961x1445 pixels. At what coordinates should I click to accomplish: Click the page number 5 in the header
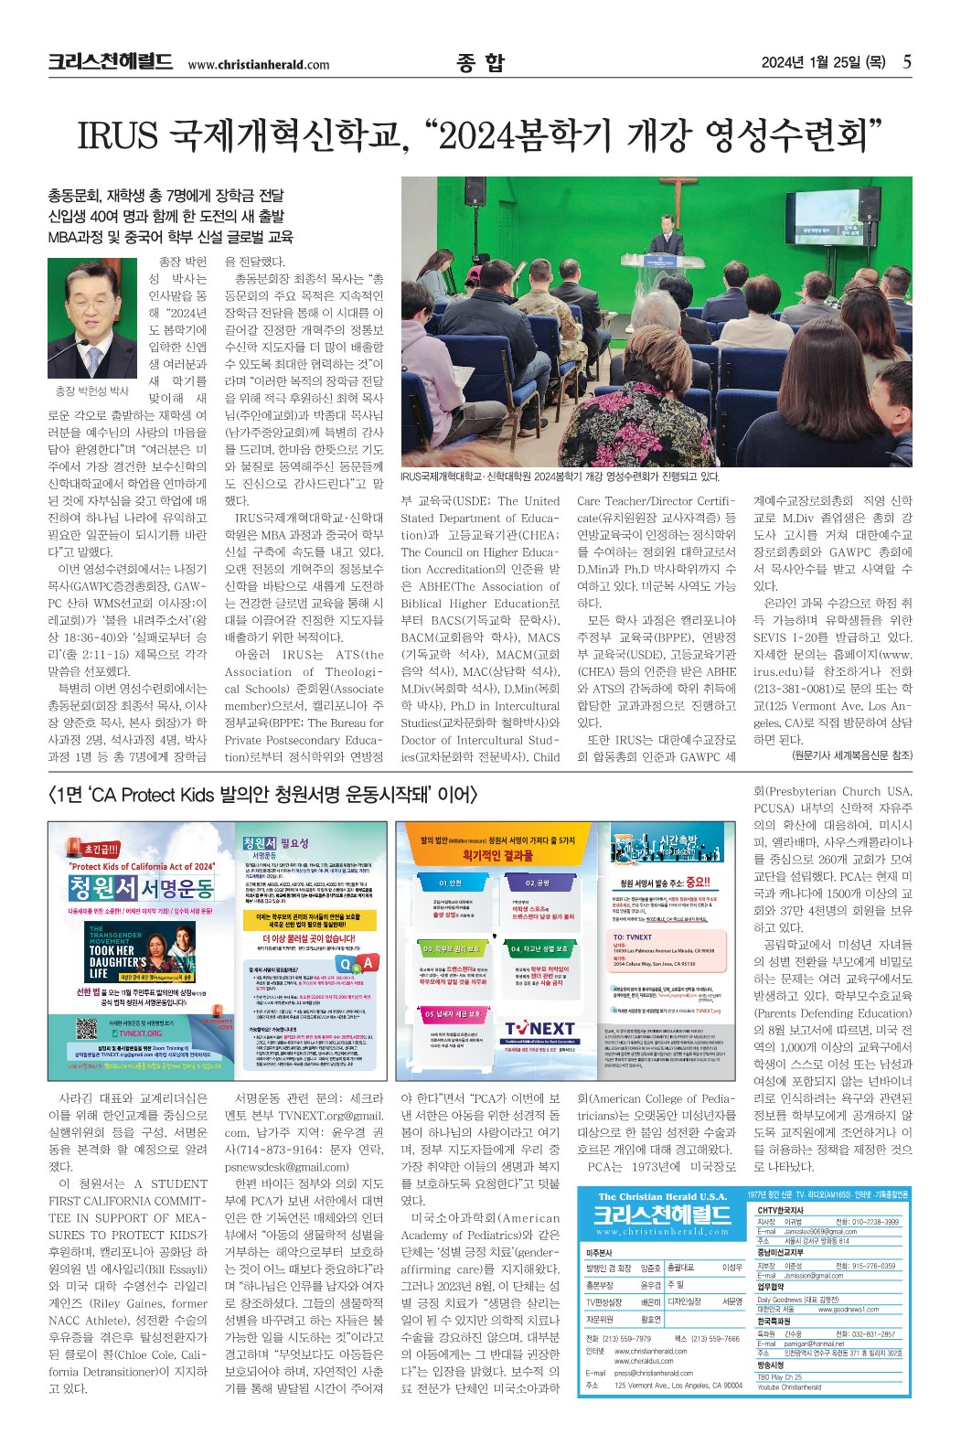click(906, 62)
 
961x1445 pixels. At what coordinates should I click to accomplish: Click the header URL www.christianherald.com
click(258, 64)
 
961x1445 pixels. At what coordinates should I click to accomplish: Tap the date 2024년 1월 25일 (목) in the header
click(822, 62)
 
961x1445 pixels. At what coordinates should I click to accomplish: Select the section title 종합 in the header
click(480, 62)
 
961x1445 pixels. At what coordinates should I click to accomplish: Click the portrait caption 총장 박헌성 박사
click(93, 391)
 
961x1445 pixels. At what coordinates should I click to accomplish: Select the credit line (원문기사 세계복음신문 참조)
click(851, 755)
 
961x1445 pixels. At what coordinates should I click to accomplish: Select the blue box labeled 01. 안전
click(451, 883)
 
